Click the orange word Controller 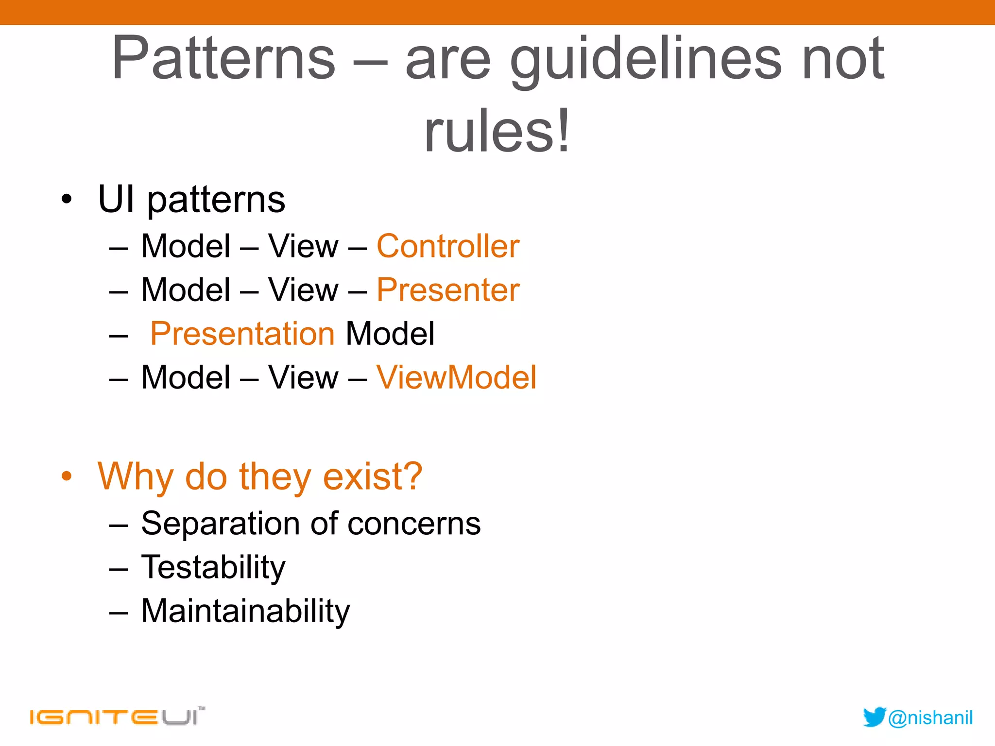point(447,246)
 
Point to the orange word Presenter point(447,290)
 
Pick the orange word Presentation point(242,334)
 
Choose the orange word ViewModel point(456,377)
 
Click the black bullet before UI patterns point(67,199)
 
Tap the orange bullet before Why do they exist point(67,476)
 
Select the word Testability point(213,567)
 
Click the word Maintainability point(245,611)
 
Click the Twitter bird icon point(874,717)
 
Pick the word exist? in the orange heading point(373,476)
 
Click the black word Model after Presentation point(390,334)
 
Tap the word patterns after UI point(216,200)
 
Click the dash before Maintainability point(119,612)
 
